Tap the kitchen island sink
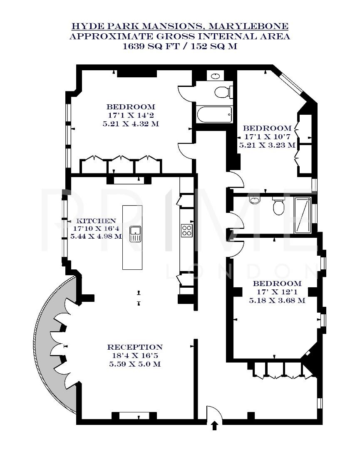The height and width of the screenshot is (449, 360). (136, 234)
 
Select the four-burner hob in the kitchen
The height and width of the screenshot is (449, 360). (187, 230)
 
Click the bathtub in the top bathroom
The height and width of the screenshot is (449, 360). (214, 115)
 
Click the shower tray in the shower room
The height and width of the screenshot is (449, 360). (303, 215)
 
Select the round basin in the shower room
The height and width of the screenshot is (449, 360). (255, 201)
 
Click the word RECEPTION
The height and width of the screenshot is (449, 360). (135, 347)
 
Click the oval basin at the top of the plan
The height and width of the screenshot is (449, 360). (216, 76)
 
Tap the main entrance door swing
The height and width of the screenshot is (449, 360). (214, 414)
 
